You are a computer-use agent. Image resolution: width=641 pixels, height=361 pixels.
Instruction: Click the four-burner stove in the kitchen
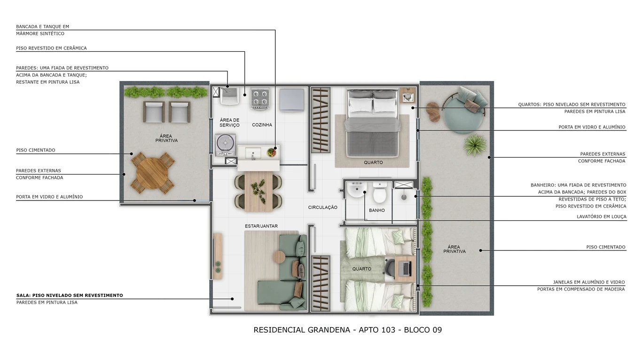(x=259, y=98)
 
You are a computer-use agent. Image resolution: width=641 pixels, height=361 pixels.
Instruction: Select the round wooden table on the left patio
(x=152, y=173)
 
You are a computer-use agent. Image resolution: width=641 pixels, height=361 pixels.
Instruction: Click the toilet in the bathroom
(x=379, y=193)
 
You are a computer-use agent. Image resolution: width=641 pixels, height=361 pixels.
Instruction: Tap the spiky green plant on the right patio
(x=475, y=144)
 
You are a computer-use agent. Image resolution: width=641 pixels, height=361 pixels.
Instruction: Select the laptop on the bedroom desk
(x=406, y=268)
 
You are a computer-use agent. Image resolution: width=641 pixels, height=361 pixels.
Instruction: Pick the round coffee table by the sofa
(x=279, y=257)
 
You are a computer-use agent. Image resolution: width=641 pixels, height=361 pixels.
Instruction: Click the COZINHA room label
(x=262, y=125)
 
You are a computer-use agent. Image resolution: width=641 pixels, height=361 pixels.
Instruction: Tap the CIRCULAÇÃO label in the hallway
(x=323, y=207)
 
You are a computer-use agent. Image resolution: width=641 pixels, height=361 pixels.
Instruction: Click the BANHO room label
(x=376, y=210)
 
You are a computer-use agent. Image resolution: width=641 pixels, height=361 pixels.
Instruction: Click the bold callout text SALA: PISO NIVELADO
(x=69, y=296)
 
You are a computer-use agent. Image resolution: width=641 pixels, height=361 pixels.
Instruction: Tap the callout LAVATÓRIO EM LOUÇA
(x=601, y=217)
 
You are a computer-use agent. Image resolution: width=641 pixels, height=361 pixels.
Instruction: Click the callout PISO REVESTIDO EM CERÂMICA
(x=51, y=48)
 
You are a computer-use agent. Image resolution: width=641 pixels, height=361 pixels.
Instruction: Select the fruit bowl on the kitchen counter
(x=271, y=152)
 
